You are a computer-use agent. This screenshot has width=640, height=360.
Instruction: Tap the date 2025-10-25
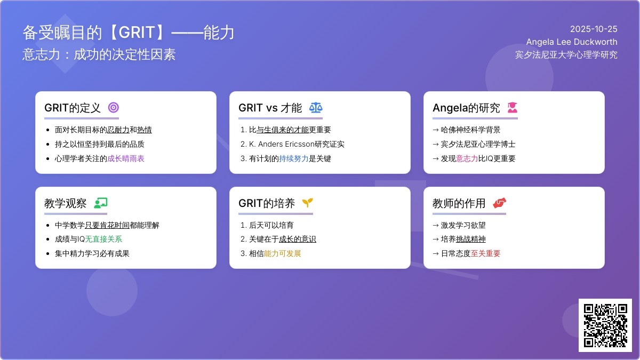(x=594, y=29)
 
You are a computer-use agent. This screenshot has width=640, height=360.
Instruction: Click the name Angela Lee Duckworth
(x=572, y=42)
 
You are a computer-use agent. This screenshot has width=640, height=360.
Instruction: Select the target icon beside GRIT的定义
(x=113, y=108)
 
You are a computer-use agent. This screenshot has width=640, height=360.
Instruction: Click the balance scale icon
(x=316, y=108)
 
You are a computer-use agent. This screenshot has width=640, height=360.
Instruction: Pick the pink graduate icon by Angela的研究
(x=512, y=108)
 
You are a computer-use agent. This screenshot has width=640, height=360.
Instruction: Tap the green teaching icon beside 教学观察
(x=100, y=203)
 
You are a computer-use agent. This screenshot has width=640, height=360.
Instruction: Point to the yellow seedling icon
(x=307, y=203)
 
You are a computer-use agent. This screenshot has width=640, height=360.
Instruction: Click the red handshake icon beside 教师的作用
(x=499, y=203)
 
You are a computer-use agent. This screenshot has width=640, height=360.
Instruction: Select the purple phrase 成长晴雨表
(x=126, y=158)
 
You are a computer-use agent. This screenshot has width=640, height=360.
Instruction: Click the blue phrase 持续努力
(x=294, y=158)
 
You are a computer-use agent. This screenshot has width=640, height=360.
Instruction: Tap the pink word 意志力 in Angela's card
(x=467, y=158)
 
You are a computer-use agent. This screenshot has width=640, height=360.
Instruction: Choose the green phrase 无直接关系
(x=104, y=239)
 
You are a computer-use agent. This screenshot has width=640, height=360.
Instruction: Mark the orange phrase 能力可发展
(x=283, y=254)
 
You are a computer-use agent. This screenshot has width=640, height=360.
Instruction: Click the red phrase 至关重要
(x=486, y=254)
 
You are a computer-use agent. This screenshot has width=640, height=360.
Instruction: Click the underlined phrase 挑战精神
(x=471, y=239)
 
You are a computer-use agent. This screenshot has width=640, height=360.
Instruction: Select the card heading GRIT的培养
(x=267, y=203)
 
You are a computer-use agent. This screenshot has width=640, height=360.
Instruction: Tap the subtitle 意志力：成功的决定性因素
(x=99, y=54)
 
